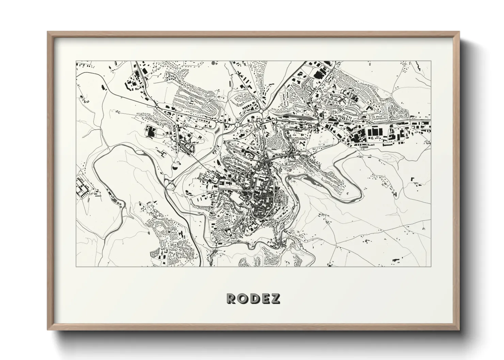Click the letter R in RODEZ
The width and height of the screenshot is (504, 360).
point(231,298)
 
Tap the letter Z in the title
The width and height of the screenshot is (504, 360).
point(275,298)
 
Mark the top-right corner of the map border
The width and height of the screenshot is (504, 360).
point(430,61)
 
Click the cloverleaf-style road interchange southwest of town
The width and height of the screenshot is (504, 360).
point(169,184)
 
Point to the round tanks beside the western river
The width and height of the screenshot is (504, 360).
point(120,204)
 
